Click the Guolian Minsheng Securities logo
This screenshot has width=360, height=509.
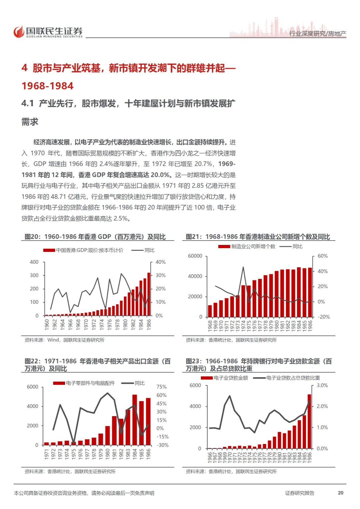pos(48,32)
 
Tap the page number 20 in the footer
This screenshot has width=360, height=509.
pos(340,493)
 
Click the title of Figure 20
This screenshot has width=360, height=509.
pos(95,237)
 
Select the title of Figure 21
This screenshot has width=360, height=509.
pos(258,237)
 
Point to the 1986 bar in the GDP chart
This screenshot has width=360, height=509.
pos(149,294)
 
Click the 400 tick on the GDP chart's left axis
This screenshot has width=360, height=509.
pos(34,262)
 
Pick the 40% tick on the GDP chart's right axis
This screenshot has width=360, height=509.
pos(160,262)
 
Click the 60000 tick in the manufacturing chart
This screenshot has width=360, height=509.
pos(195,256)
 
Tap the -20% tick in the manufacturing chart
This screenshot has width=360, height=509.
pos(323,317)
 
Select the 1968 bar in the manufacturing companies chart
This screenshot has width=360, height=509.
pos(210,311)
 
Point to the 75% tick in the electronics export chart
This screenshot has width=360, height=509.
pos(161,387)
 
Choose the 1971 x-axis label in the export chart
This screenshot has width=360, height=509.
pos(47,454)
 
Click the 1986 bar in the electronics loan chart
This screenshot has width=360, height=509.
pos(309,421)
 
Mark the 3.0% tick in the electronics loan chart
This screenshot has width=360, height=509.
pos(322,385)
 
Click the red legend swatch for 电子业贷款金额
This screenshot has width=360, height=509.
pos(207,378)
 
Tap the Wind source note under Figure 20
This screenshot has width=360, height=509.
pos(64,340)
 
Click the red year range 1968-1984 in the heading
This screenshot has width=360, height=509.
pos(48,86)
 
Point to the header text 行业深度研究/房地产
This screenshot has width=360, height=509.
pos(317,34)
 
